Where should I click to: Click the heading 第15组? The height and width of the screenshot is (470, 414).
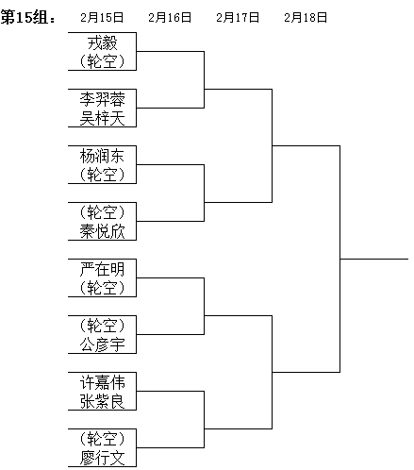[x=27, y=17]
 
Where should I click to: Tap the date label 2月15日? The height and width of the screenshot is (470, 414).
[x=102, y=17]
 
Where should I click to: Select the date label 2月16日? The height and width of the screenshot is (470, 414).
[x=170, y=17]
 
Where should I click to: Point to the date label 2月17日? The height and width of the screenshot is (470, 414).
[x=238, y=17]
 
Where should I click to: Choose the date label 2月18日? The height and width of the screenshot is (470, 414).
[x=306, y=17]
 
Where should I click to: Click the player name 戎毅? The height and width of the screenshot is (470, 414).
[x=102, y=42]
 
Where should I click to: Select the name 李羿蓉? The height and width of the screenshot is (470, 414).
[x=102, y=99]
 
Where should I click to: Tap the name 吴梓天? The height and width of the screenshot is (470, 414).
[x=102, y=118]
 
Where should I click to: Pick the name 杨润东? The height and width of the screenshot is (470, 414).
[x=102, y=156]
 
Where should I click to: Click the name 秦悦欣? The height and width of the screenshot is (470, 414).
[x=102, y=231]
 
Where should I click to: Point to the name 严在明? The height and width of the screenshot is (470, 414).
[x=102, y=269]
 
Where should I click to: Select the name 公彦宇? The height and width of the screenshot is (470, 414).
[x=102, y=344]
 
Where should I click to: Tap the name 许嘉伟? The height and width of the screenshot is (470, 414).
[x=102, y=382]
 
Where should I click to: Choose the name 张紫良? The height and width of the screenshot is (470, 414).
[x=102, y=401]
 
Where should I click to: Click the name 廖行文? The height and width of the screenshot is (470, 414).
[x=102, y=458]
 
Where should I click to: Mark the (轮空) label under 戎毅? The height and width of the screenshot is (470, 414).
[x=102, y=61]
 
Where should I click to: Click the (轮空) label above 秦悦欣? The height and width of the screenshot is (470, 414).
[x=102, y=212]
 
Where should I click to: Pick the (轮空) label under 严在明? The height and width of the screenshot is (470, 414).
[x=102, y=288]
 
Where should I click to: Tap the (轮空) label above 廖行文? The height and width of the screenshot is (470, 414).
[x=102, y=439]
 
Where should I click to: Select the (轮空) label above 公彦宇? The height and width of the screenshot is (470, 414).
[x=102, y=326]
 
